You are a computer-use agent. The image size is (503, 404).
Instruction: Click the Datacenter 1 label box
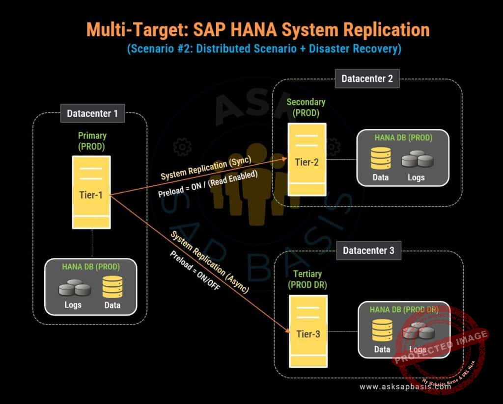(92, 114)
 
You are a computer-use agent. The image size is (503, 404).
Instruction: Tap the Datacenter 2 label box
(367, 78)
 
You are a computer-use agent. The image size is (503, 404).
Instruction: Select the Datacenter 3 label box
(368, 251)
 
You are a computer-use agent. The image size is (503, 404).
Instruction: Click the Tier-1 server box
(91, 192)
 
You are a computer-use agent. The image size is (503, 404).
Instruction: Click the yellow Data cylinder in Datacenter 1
(112, 287)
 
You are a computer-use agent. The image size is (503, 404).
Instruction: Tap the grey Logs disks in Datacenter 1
(75, 288)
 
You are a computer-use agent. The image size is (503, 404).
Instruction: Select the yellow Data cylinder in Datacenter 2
(381, 157)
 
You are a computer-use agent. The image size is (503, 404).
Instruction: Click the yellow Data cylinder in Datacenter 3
(382, 330)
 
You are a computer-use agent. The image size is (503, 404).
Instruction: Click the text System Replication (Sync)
(206, 168)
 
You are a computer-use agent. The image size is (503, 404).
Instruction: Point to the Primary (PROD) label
(92, 141)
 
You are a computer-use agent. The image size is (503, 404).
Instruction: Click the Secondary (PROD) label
(306, 107)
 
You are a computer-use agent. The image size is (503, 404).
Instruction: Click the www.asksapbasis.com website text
(405, 387)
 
